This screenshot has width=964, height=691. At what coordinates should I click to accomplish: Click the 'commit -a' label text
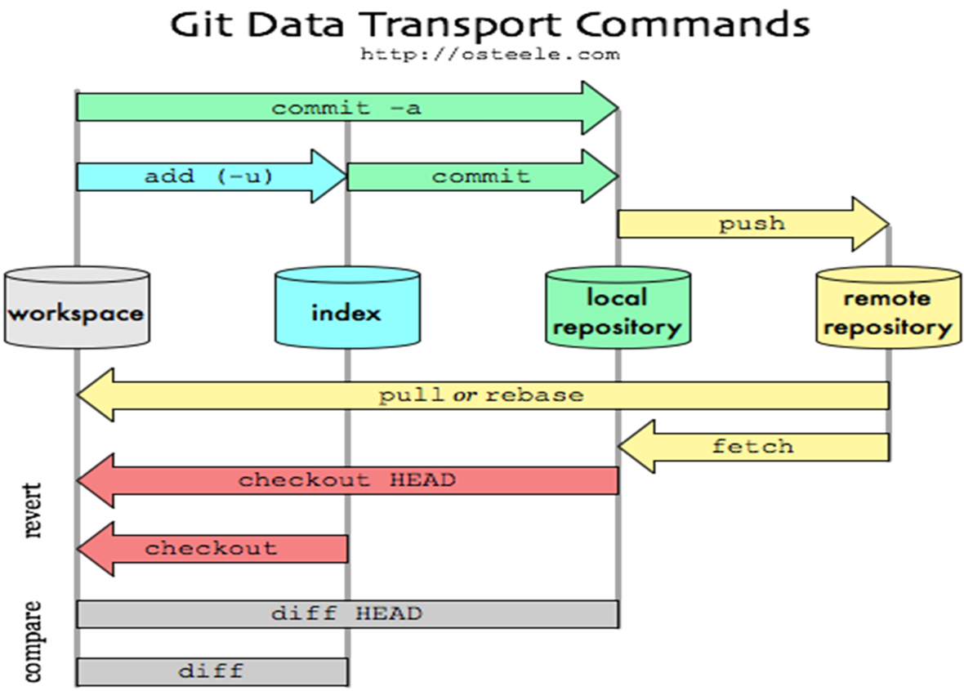[x=346, y=108]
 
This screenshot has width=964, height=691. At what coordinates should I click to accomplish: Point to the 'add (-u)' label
[x=208, y=176]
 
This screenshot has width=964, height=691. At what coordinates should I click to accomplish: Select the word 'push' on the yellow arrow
[x=752, y=224]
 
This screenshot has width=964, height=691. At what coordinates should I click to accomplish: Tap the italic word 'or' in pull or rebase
[x=466, y=395]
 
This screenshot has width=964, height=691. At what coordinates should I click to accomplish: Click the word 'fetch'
[x=752, y=447]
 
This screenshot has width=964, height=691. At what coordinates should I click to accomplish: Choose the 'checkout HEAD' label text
[x=346, y=480]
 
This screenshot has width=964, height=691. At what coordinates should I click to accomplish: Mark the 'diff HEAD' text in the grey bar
[x=346, y=613]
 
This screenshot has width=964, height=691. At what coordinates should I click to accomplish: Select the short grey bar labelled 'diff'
[x=212, y=671]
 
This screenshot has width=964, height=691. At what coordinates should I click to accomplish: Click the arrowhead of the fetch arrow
[x=636, y=447]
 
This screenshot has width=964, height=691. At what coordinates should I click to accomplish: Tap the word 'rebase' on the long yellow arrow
[x=534, y=395]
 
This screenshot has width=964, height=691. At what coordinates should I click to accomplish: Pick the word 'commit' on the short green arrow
[x=480, y=176]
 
